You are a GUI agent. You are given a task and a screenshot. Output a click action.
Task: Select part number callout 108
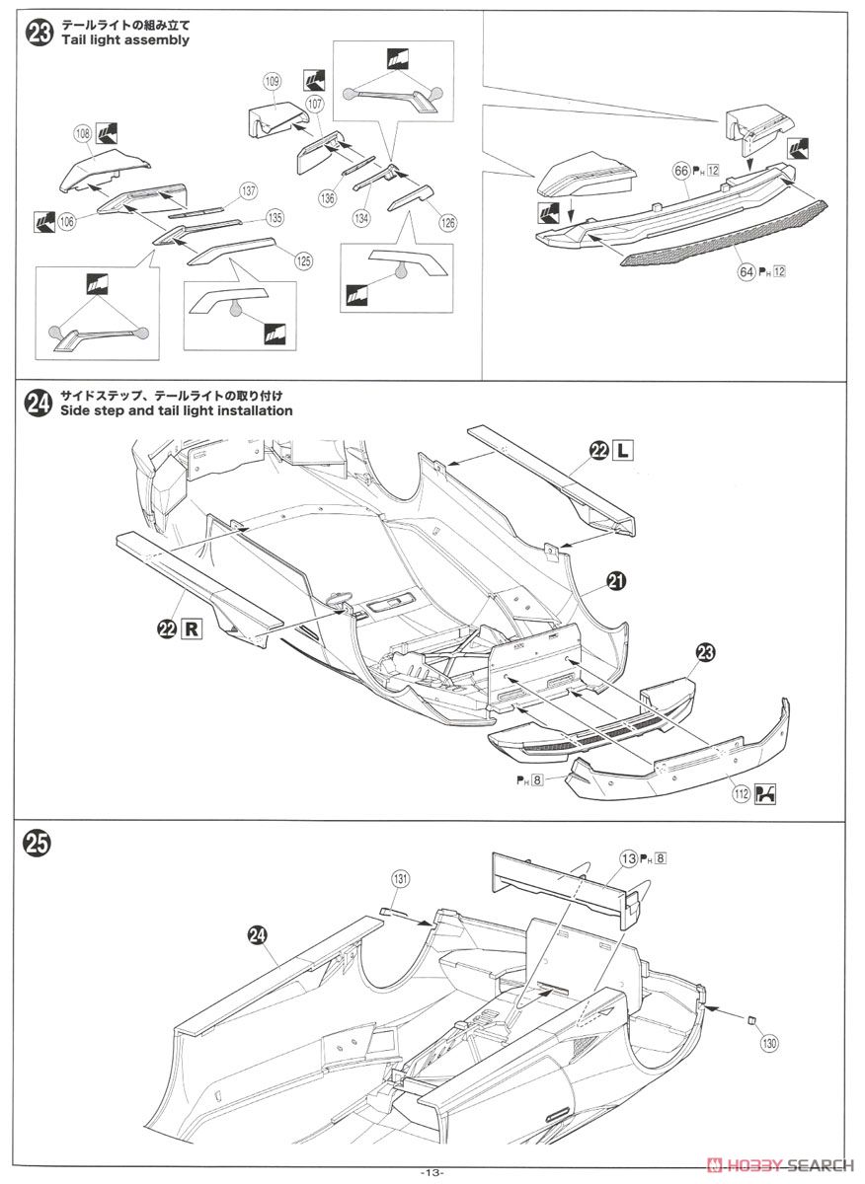(x=82, y=131)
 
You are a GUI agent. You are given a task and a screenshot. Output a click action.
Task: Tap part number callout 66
(x=680, y=171)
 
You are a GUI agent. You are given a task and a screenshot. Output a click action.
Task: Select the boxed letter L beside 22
(x=622, y=451)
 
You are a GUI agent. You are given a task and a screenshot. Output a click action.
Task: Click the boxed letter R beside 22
(x=190, y=629)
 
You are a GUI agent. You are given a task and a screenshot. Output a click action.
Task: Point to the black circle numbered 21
(x=616, y=582)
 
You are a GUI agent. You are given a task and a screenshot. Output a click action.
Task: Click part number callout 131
(x=399, y=877)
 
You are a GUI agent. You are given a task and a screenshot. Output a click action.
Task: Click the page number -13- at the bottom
(x=432, y=1172)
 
